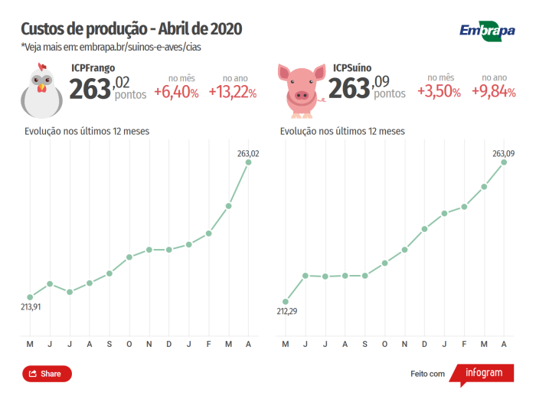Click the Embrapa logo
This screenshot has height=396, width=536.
coord(486,31)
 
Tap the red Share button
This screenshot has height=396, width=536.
coord(47,374)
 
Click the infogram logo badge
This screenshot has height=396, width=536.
coord(484,373)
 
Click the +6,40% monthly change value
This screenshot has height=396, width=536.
coord(176,93)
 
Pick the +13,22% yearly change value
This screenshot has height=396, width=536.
coord(233,93)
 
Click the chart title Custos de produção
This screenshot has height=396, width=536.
coord(131,29)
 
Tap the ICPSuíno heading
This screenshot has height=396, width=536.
coord(352,68)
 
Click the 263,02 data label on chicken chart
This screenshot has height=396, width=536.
coord(248,153)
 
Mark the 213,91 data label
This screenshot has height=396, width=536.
coord(31,306)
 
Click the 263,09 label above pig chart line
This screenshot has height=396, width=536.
coord(503,153)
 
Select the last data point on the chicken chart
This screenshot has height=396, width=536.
coord(248,162)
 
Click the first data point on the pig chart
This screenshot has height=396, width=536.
coord(286,301)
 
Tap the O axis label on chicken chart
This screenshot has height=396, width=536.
coord(129,344)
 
